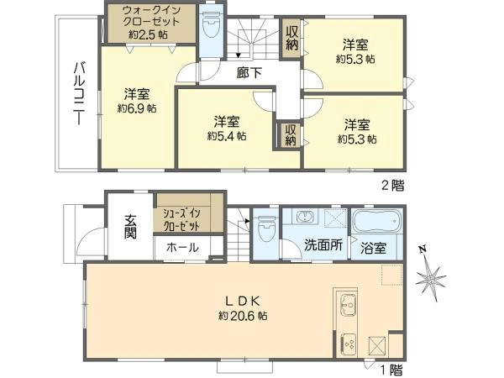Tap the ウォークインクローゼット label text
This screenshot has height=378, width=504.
click(x=151, y=16)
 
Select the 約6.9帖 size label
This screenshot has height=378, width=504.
click(x=137, y=108)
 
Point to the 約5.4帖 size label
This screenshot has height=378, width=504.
click(x=227, y=136)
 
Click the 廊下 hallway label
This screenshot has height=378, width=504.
click(x=249, y=73)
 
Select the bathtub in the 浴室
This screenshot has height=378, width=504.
click(x=376, y=222)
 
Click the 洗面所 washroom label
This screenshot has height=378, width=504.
click(x=323, y=245)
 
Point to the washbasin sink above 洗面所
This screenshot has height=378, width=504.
click(x=304, y=217)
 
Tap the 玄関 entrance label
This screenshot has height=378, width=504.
click(x=130, y=227)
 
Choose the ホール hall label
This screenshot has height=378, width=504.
click(x=182, y=248)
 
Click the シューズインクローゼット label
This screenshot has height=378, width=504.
click(x=181, y=219)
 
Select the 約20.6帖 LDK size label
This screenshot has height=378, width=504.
click(x=243, y=316)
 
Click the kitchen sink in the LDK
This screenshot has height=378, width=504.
click(x=347, y=304)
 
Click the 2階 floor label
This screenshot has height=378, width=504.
click(x=392, y=186)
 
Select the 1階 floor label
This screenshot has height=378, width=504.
click(x=391, y=370)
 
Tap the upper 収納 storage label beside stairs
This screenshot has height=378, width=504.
click(x=291, y=38)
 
